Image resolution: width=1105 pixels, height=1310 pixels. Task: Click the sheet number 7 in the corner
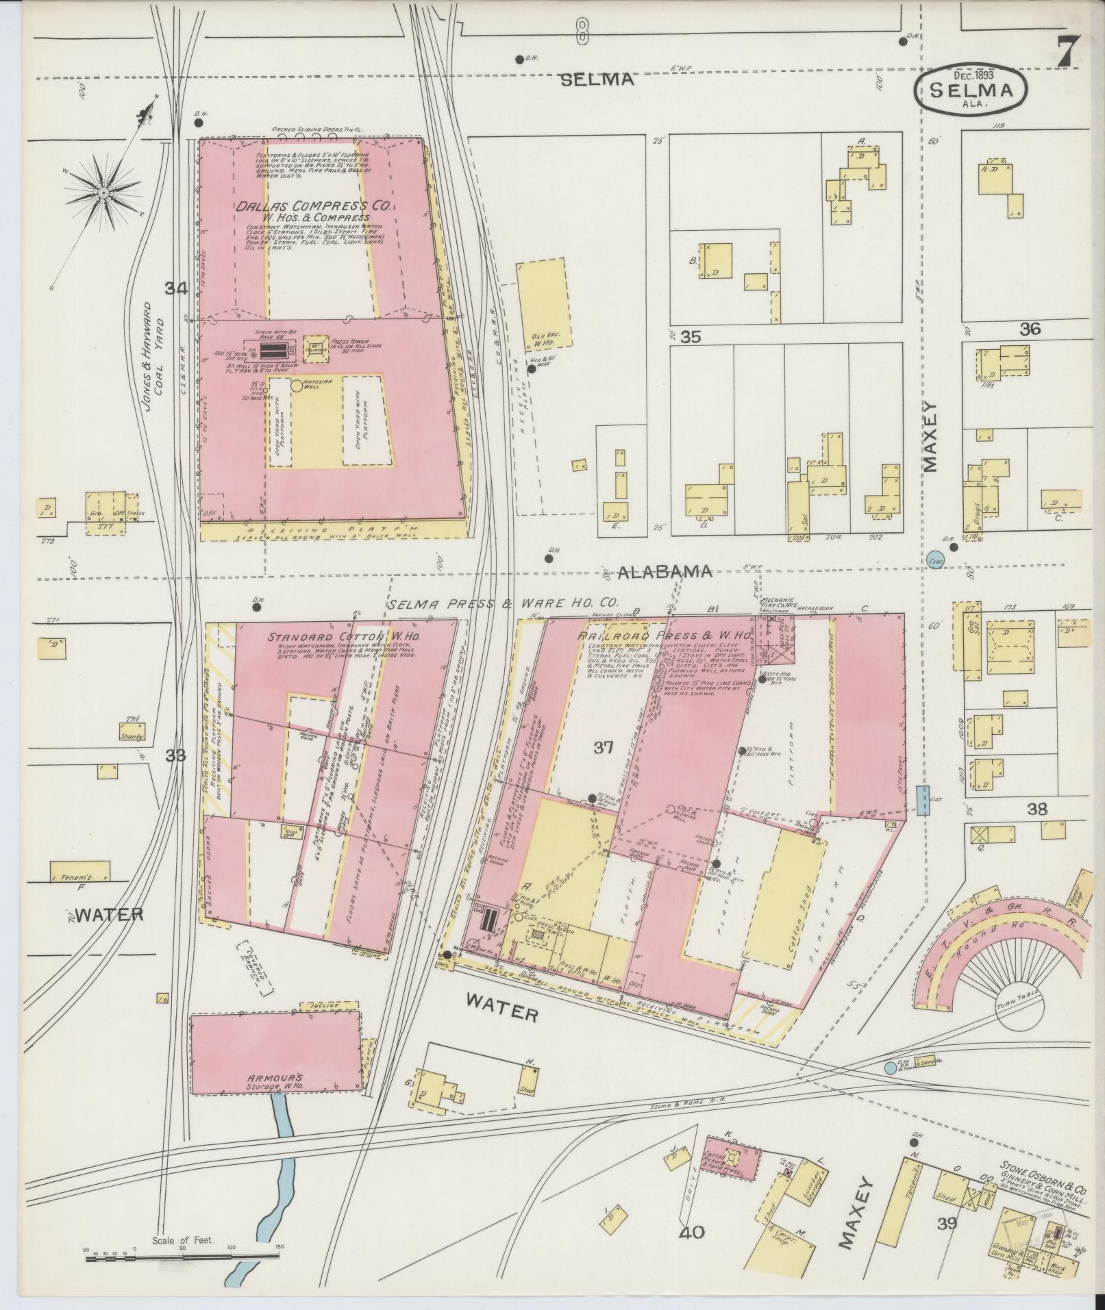(x=1067, y=51)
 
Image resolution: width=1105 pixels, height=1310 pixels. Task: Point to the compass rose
(x=103, y=192)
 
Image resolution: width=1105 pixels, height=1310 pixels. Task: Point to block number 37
(x=603, y=748)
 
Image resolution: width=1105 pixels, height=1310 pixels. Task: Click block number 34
(x=175, y=290)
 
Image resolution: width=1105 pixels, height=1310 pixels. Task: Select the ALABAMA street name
(x=665, y=572)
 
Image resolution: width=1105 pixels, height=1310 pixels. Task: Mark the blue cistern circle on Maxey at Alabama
(x=934, y=559)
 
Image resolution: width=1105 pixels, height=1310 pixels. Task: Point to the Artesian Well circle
(x=297, y=386)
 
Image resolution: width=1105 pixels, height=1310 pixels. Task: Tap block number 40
(x=692, y=1233)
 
